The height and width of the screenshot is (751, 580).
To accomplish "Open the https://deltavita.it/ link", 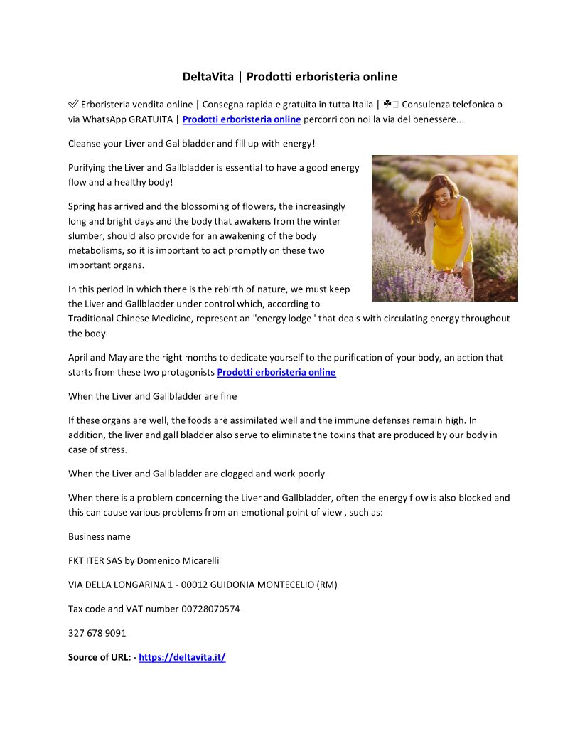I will (x=182, y=657).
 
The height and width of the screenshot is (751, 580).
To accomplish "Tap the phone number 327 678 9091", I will (x=97, y=633).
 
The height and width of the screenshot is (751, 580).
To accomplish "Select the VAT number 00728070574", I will (x=210, y=609).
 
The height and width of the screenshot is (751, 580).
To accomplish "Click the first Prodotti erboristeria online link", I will (x=242, y=119).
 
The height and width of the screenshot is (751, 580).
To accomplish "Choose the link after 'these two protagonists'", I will (x=276, y=372).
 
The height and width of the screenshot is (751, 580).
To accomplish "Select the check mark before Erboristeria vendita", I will (x=73, y=105).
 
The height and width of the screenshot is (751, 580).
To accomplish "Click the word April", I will (x=77, y=358).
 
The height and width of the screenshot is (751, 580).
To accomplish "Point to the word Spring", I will (x=82, y=206).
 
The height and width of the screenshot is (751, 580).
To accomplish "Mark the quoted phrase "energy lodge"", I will (x=284, y=319).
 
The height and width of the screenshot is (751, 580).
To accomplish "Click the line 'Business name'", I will (x=100, y=536).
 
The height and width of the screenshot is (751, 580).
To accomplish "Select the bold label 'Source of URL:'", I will (x=100, y=657).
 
